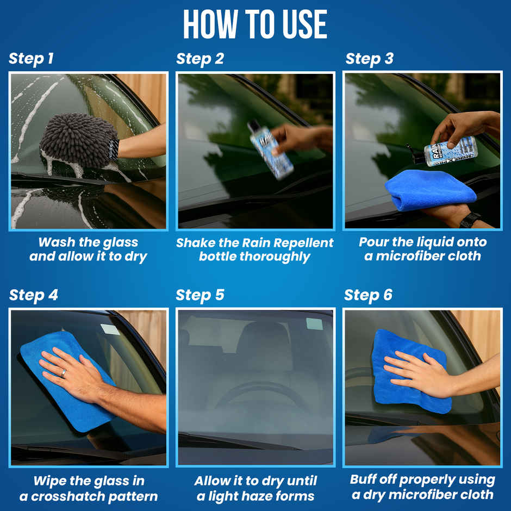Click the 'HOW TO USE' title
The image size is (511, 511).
(x=255, y=24)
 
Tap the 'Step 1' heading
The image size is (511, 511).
(x=31, y=59)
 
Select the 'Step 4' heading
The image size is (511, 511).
(x=33, y=295)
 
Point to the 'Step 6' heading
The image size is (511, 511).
(x=368, y=295)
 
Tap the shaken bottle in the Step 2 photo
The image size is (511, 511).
(x=271, y=148)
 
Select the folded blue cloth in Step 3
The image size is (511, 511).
(x=429, y=189)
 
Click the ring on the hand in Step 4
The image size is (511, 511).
(x=64, y=373)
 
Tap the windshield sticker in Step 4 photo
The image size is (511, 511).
(x=110, y=329)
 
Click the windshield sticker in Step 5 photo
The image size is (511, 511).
(x=314, y=324)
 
